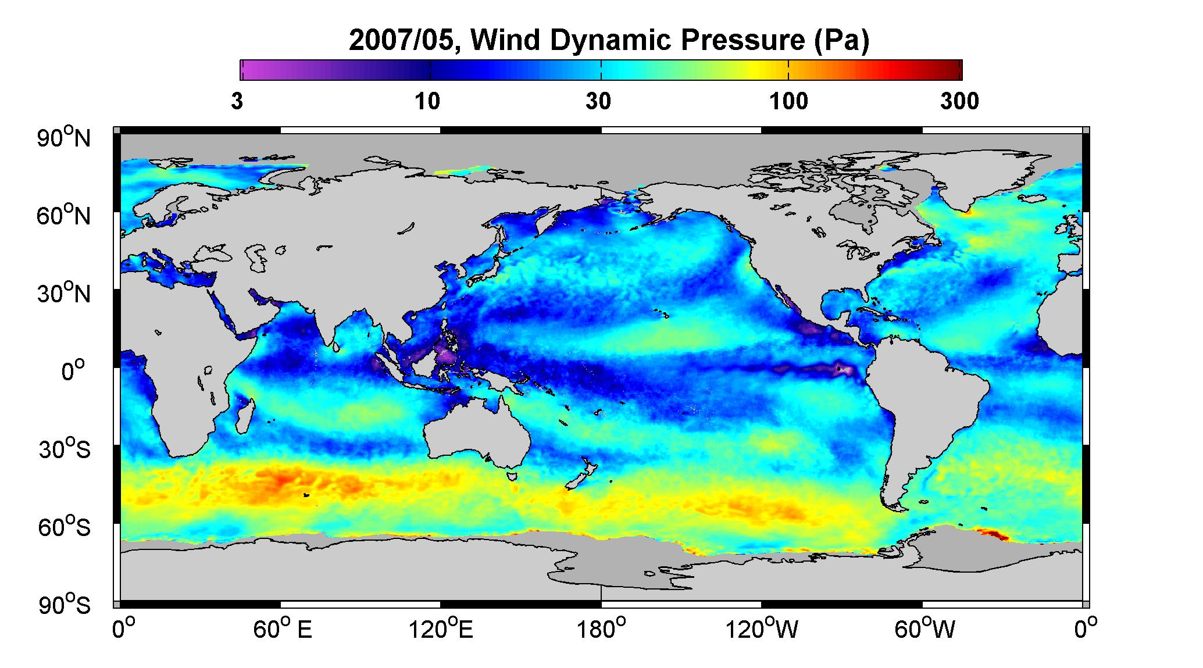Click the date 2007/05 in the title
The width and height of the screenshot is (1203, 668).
click(x=403, y=40)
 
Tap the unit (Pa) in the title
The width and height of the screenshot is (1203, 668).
click(x=841, y=41)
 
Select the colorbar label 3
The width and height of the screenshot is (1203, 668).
click(x=237, y=102)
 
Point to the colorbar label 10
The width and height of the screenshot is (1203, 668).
click(x=427, y=102)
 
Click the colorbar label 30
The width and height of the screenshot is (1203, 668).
click(x=598, y=102)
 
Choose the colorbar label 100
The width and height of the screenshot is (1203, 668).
click(x=788, y=102)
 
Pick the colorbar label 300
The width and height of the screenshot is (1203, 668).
click(x=959, y=102)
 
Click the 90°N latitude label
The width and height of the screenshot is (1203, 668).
click(x=65, y=137)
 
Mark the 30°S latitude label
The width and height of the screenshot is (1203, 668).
click(x=65, y=449)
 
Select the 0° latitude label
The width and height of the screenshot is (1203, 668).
click(x=73, y=370)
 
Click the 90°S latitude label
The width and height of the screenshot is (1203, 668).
click(x=65, y=605)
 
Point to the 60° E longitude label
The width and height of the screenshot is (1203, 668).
click(x=282, y=630)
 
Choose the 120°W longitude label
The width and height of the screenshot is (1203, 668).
click(x=762, y=630)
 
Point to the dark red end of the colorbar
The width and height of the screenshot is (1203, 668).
click(x=954, y=70)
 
